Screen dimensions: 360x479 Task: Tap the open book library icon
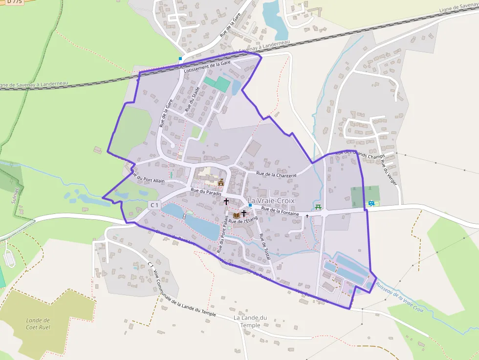pyautogui.click(x=237, y=215)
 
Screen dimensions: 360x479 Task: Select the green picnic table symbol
pyautogui.click(x=319, y=207)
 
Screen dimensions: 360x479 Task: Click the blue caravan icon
pyautogui.click(x=372, y=203)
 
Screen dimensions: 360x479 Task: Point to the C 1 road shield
pyautogui.click(x=154, y=205)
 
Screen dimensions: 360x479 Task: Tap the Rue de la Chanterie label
pyautogui.click(x=276, y=174)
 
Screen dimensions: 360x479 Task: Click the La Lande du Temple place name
pyautogui.click(x=250, y=321)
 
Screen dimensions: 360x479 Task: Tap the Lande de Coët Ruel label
pyautogui.click(x=38, y=323)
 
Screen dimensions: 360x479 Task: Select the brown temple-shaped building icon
pyautogui.click(x=220, y=183)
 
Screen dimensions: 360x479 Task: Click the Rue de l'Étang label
pyautogui.click(x=243, y=221)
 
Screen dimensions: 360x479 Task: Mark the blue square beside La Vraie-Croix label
pyautogui.click(x=250, y=205)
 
